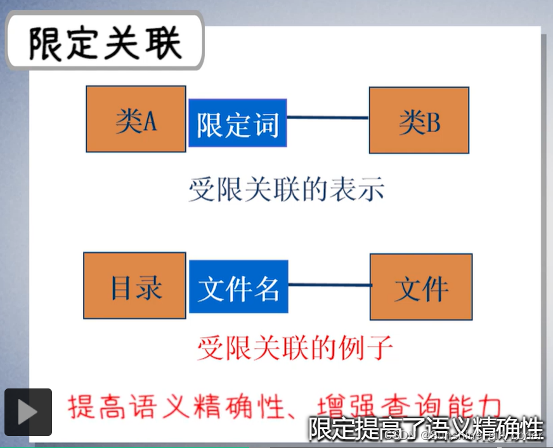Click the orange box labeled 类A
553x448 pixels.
tap(136, 119)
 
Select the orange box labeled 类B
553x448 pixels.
tap(419, 120)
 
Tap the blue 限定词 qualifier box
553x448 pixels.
tap(238, 124)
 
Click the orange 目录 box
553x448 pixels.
tap(134, 286)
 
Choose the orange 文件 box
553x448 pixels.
tap(421, 287)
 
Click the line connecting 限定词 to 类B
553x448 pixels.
tap(328, 117)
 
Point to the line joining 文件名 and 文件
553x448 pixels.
tap(329, 285)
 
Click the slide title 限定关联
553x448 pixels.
tap(105, 43)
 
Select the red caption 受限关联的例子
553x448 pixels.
tap(295, 347)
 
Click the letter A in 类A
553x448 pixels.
tap(150, 120)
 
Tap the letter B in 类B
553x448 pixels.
tap(433, 122)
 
